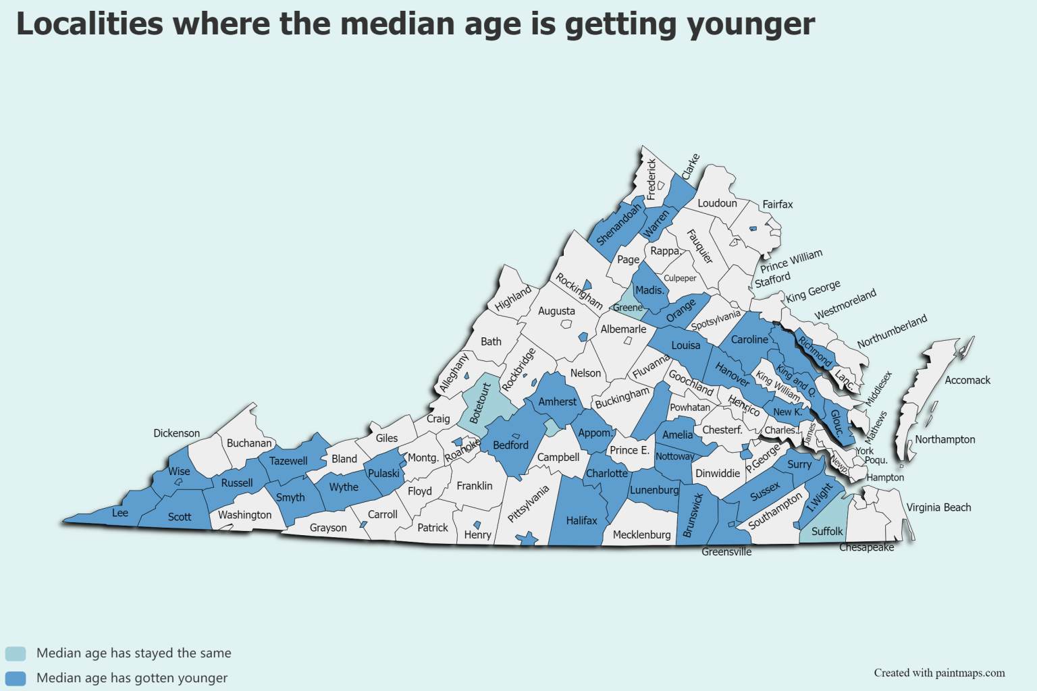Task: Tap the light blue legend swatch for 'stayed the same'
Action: pos(16,653)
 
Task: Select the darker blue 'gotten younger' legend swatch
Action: pos(16,678)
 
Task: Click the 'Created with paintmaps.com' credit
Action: pos(939,673)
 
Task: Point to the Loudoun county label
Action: pos(717,203)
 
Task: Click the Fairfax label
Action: pos(777,204)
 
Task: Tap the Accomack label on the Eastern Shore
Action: pos(967,381)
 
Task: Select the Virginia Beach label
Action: pos(938,507)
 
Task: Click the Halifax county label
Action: pos(581,520)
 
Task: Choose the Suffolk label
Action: pos(827,531)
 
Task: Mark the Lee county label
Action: pos(120,513)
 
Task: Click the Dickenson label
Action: pos(176,433)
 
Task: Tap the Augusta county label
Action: pos(556,311)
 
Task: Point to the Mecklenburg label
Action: pos(641,534)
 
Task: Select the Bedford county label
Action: pos(510,445)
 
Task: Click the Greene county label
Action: pos(627,308)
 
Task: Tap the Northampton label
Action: pos(945,439)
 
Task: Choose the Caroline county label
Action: pos(749,339)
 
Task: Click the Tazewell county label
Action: pos(288,461)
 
